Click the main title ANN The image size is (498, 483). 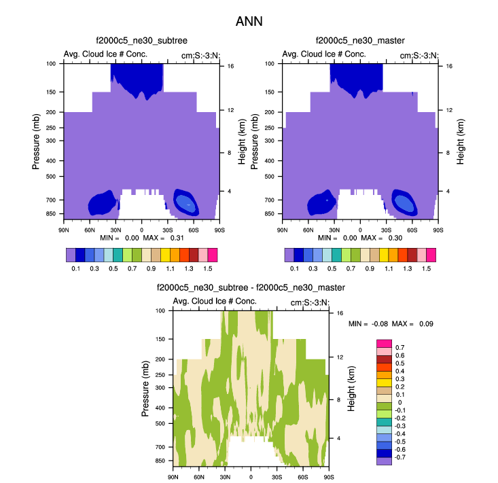tap(249, 21)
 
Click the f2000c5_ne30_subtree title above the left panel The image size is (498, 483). tap(141, 42)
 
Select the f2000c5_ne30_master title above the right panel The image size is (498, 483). tap(359, 42)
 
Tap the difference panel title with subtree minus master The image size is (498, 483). tap(251, 288)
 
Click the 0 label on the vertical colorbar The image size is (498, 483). tap(396, 402)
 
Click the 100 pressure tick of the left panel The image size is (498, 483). tap(51, 64)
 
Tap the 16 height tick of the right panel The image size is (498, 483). tap(449, 67)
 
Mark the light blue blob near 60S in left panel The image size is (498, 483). tap(186, 202)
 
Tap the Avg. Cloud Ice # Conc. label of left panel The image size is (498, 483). tap(105, 54)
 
